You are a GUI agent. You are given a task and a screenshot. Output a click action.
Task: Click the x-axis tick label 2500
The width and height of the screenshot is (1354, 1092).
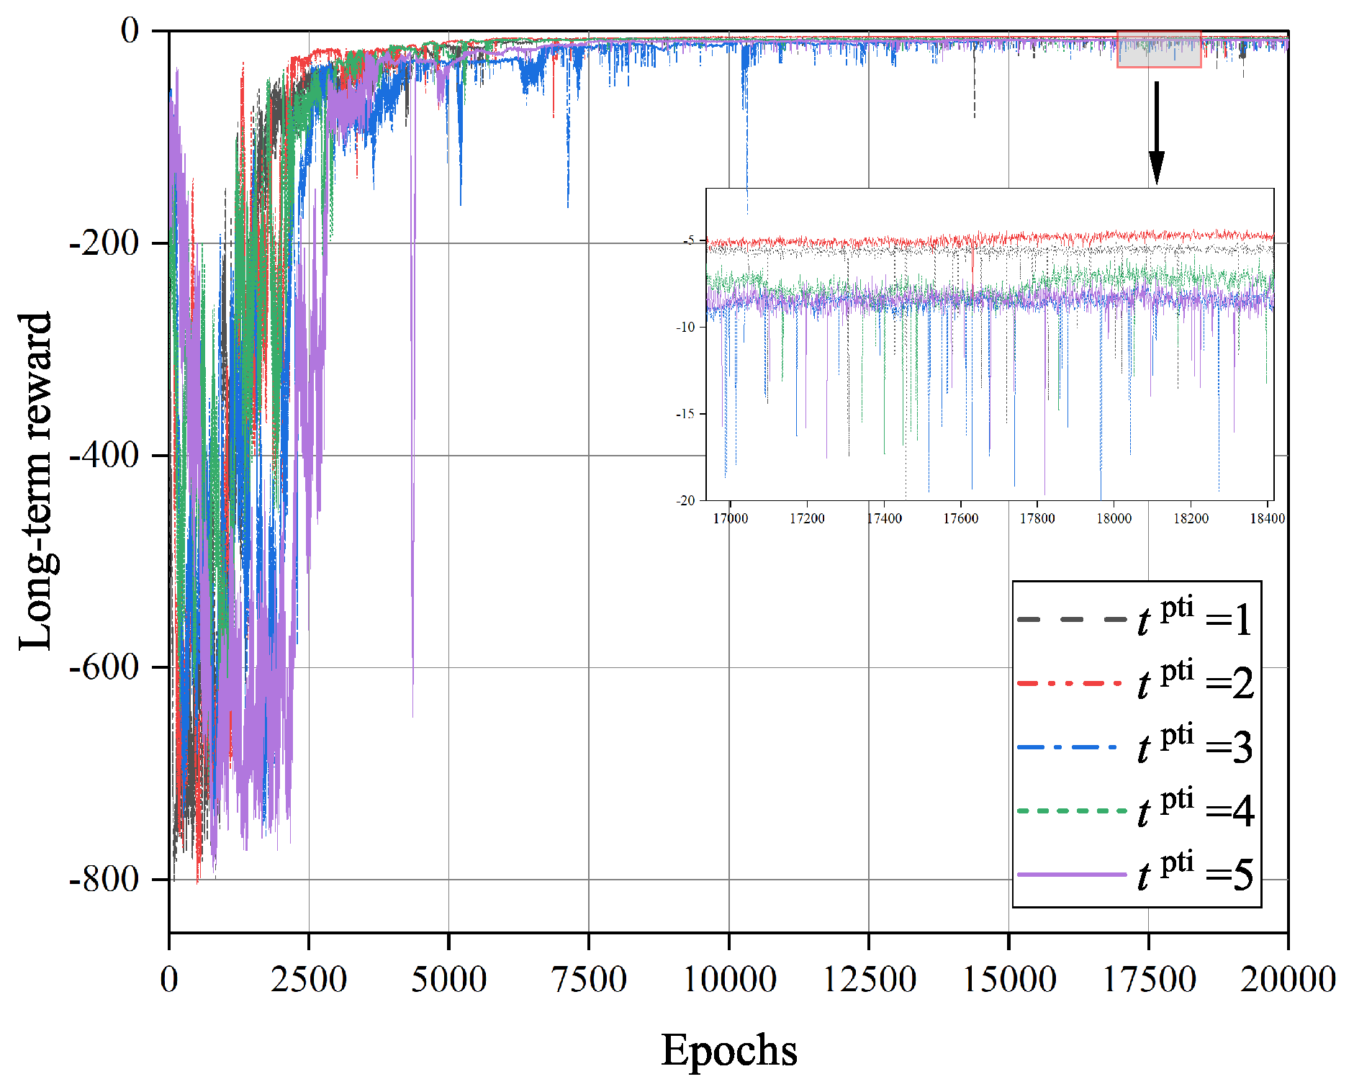(x=309, y=979)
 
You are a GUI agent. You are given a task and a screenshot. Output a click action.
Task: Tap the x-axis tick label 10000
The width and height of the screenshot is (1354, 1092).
(x=728, y=979)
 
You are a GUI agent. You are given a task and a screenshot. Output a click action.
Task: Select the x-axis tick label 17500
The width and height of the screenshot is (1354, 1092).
(x=1149, y=979)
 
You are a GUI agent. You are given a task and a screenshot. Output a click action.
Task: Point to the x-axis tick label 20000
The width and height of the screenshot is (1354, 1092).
(x=1288, y=979)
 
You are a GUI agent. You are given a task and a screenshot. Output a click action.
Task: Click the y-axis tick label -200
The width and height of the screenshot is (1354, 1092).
(x=104, y=243)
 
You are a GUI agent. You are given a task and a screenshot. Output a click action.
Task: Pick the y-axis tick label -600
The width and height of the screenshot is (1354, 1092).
(x=104, y=667)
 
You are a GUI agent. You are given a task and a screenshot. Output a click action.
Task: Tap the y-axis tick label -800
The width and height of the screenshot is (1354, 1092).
(x=104, y=879)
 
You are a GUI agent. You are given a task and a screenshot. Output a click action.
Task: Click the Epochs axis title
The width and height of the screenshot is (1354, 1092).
(x=728, y=1050)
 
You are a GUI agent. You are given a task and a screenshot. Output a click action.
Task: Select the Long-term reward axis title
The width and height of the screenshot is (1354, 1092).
(x=36, y=481)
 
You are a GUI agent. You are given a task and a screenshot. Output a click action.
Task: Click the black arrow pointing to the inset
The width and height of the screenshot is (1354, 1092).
(x=1156, y=133)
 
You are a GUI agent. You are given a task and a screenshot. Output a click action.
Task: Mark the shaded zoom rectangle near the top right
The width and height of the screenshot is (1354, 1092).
(x=1158, y=50)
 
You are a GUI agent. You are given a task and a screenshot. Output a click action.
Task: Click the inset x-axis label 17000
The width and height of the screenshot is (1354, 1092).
(x=730, y=518)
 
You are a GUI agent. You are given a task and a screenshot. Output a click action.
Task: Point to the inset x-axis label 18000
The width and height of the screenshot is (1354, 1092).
(x=1114, y=518)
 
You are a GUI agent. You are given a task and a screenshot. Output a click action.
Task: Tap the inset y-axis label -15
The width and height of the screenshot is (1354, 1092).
(x=685, y=414)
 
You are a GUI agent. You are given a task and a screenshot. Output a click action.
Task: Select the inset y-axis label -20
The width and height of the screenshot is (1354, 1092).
(x=685, y=500)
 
